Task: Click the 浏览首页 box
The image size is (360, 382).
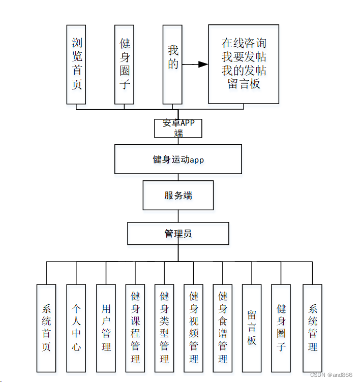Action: tap(76, 64)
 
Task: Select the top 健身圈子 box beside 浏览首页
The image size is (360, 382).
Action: tap(125, 64)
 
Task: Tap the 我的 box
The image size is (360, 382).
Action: tap(173, 64)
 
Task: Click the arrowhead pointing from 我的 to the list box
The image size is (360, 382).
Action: tap(203, 64)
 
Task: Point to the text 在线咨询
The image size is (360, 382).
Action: tap(244, 43)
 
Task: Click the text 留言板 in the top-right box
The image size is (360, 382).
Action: tap(244, 84)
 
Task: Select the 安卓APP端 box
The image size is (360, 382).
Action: tap(178, 129)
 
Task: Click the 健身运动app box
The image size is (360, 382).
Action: tap(178, 160)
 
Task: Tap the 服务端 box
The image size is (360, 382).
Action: tap(178, 196)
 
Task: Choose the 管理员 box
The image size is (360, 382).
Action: tap(178, 234)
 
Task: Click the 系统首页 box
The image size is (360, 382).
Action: tap(46, 328)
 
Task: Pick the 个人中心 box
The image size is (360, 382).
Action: tap(76, 328)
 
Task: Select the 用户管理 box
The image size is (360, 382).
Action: tap(106, 328)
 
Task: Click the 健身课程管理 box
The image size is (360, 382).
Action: tap(135, 328)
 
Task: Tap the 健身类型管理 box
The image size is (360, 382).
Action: tap(164, 328)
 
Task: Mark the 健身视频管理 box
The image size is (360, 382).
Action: tap(194, 328)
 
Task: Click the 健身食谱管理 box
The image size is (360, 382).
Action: tap(223, 328)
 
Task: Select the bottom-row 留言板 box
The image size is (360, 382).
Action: tap(252, 328)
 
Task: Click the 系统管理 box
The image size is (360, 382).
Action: tap(313, 328)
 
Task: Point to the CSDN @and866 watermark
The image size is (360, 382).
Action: tap(331, 375)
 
